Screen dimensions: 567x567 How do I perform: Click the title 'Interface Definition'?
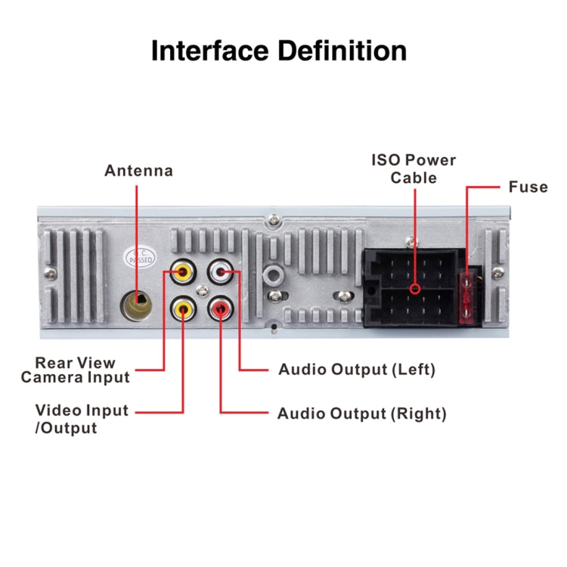click(x=279, y=51)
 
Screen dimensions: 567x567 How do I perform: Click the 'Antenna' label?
click(x=138, y=171)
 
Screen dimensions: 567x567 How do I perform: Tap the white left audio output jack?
click(x=221, y=270)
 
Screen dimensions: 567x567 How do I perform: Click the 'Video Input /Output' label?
click(x=82, y=419)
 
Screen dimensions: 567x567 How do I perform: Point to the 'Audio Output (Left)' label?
click(x=357, y=370)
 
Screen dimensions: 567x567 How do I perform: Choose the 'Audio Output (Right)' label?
click(x=361, y=414)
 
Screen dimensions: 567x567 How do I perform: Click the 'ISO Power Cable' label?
click(x=414, y=169)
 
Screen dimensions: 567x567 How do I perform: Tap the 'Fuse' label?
click(x=528, y=187)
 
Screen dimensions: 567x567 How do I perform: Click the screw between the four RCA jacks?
click(x=201, y=290)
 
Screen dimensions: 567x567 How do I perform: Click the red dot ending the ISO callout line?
click(x=414, y=290)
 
